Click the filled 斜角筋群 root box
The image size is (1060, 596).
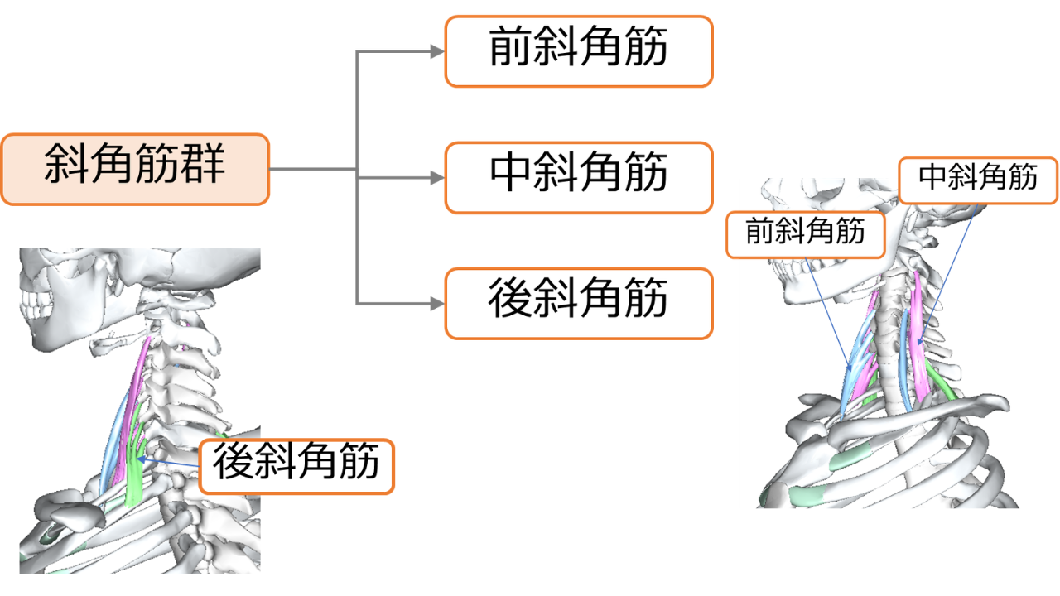tap(135, 170)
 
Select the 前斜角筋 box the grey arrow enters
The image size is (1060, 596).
tap(579, 51)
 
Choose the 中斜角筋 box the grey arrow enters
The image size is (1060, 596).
tap(579, 178)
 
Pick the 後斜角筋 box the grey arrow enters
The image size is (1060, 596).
tap(579, 304)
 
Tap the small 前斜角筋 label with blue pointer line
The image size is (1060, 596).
tap(806, 234)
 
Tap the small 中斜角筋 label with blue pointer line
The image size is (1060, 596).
tap(978, 180)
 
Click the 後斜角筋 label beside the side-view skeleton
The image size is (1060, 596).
tap(296, 466)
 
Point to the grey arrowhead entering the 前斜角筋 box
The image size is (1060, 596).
tap(437, 51)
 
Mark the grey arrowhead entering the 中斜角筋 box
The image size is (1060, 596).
tap(437, 178)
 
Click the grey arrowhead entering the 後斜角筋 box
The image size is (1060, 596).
tap(437, 304)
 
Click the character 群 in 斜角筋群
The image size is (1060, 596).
tap(203, 164)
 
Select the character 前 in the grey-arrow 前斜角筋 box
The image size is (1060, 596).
tap(510, 46)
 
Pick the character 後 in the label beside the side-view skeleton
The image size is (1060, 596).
tap(234, 461)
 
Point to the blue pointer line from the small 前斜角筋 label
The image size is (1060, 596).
tap(828, 315)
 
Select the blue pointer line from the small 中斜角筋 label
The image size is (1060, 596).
tap(948, 274)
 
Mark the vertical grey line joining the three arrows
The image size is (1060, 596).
tap(357, 177)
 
